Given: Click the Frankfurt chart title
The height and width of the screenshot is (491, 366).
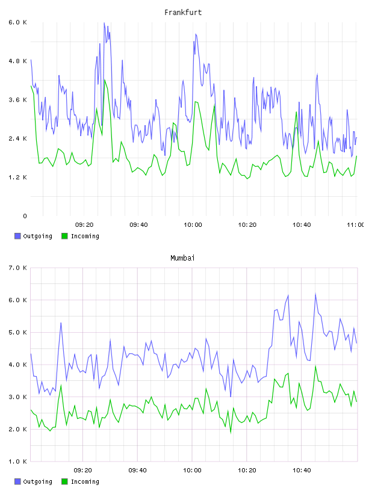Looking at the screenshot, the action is coord(183,13).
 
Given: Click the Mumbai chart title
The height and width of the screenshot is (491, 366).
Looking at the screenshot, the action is coord(182,258).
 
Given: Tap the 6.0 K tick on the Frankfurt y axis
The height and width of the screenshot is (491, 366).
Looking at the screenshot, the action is coord(17,22).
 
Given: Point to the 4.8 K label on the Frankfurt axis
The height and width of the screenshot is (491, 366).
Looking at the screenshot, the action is coord(17,61).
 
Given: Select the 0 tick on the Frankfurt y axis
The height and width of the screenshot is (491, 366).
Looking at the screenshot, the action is coord(25,216).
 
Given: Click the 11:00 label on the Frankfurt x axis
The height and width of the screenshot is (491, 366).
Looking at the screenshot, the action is coord(356,224).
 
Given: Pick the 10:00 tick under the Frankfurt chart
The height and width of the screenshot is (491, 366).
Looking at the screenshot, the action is coord(193,224).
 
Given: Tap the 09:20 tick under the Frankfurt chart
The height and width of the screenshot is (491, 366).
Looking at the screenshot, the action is coord(84,224).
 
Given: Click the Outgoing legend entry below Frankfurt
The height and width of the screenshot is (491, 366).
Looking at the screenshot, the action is coord(33,236).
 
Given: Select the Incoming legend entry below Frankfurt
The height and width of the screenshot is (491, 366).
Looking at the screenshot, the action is coord(80,236).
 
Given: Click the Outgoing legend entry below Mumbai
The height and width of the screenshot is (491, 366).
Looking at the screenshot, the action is coord(33,481).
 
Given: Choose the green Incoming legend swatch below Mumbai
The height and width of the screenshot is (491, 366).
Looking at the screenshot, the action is coord(64,481).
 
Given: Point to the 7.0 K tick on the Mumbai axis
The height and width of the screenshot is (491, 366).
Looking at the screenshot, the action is coord(17,268).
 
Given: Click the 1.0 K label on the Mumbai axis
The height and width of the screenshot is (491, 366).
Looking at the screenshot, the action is coord(17,462).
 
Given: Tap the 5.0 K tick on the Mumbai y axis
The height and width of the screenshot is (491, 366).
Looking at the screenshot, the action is coord(17,332).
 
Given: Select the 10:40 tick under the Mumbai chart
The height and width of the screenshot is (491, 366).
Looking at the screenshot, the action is coord(302,470).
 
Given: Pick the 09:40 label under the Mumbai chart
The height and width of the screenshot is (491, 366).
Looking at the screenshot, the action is coord(138,470).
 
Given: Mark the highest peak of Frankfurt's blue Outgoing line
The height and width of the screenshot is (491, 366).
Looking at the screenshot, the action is coord(104,22).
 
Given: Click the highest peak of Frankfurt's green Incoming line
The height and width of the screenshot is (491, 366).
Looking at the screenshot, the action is coord(105,80).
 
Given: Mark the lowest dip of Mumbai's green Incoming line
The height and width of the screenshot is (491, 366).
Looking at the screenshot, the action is coord(231,433).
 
